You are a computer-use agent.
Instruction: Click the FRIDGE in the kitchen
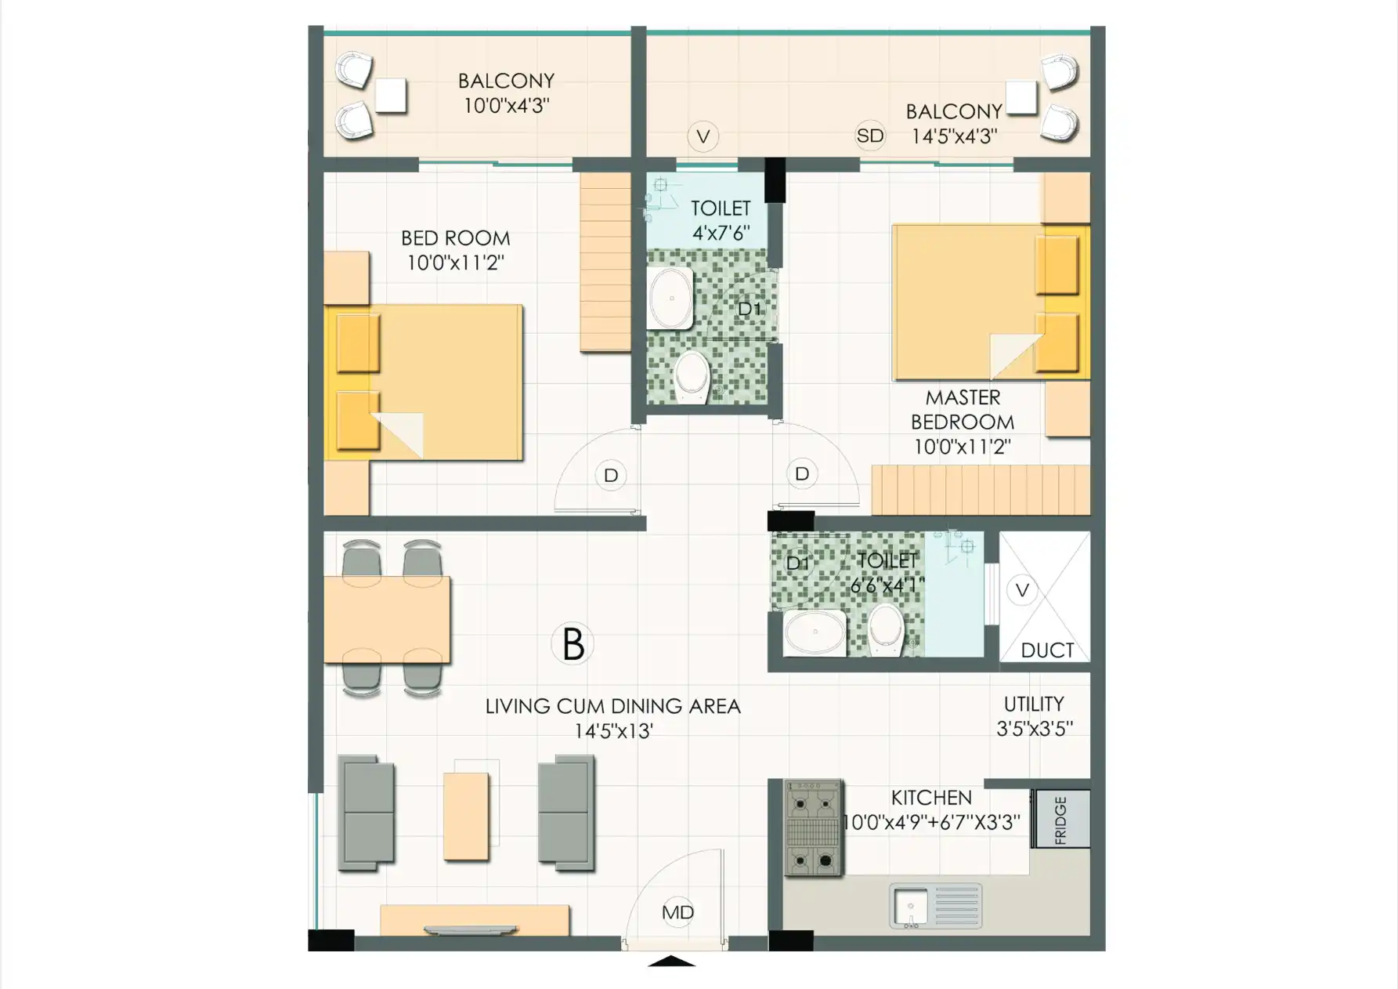click(x=1061, y=819)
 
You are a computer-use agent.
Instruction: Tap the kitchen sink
click(x=936, y=906)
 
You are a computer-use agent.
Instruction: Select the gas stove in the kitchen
click(x=814, y=828)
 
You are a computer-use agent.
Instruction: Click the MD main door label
click(x=677, y=912)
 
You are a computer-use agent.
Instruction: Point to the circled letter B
click(x=573, y=643)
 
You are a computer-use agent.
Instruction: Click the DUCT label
click(x=1047, y=650)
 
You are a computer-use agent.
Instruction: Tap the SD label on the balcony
click(x=869, y=136)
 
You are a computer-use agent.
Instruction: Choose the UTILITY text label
click(x=1034, y=704)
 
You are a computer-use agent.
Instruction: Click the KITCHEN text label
click(x=931, y=798)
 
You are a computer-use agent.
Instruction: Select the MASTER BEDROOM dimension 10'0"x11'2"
click(x=963, y=447)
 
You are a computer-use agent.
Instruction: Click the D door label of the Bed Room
click(x=611, y=475)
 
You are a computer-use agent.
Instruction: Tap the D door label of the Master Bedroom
click(x=802, y=473)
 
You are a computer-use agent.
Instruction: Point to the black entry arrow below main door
click(x=672, y=962)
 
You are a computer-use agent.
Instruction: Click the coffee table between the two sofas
click(x=466, y=816)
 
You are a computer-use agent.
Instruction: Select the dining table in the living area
click(x=387, y=619)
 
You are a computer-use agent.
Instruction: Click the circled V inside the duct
click(x=1022, y=590)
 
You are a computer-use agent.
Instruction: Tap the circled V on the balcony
click(x=703, y=136)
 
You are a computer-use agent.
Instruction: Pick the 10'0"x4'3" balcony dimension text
click(x=507, y=106)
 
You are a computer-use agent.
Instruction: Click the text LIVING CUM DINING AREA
click(x=612, y=706)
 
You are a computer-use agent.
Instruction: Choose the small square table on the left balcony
click(x=391, y=96)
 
